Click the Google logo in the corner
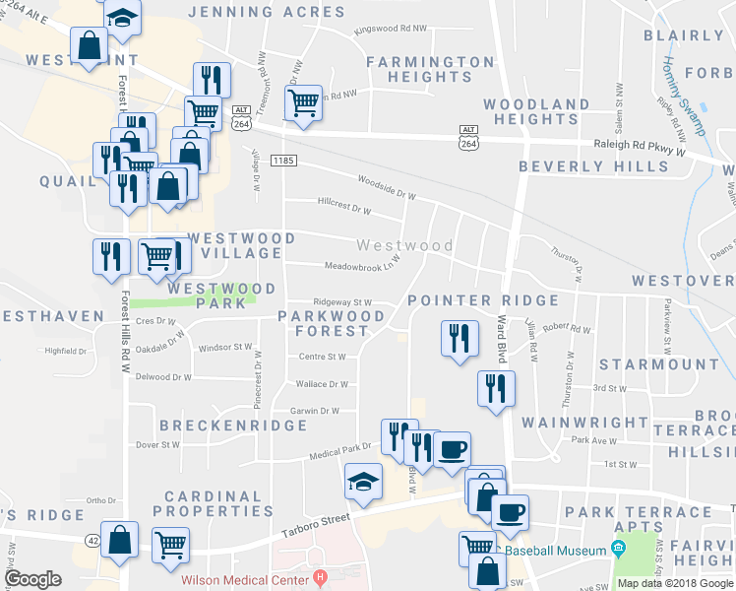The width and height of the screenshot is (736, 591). coord(33,578)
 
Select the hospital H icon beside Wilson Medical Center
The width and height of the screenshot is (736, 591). coord(318,576)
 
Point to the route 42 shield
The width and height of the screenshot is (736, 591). coord(92,540)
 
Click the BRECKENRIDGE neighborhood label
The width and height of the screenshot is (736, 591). coord(233,426)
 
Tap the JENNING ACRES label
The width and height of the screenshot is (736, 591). coord(266,13)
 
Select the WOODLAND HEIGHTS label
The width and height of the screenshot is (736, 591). coord(536,111)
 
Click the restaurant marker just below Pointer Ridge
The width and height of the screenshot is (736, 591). coord(459,339)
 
